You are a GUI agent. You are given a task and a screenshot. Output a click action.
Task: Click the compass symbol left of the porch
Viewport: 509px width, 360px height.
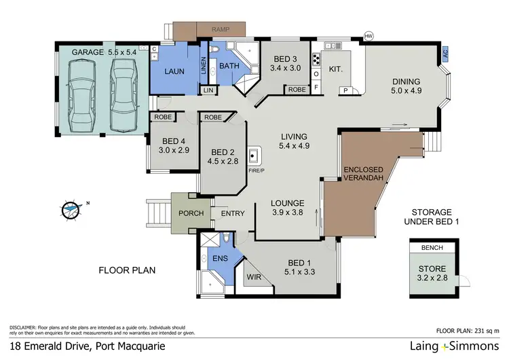[71, 210]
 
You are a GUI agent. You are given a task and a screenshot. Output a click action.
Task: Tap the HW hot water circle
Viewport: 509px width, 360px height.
[369, 35]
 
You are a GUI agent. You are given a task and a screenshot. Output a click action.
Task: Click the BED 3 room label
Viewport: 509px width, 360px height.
[282, 63]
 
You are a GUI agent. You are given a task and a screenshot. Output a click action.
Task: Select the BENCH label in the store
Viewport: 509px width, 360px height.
[431, 248]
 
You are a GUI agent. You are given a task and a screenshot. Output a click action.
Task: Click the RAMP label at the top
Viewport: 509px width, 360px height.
[221, 30]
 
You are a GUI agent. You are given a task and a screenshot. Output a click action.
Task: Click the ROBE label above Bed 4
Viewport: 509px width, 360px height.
[162, 117]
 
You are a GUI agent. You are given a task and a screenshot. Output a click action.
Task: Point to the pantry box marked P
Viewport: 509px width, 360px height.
[345, 90]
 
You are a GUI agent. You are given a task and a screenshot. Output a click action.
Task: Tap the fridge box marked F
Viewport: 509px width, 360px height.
[316, 87]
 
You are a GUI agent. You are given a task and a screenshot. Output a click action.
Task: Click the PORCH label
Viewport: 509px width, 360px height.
[191, 213]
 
